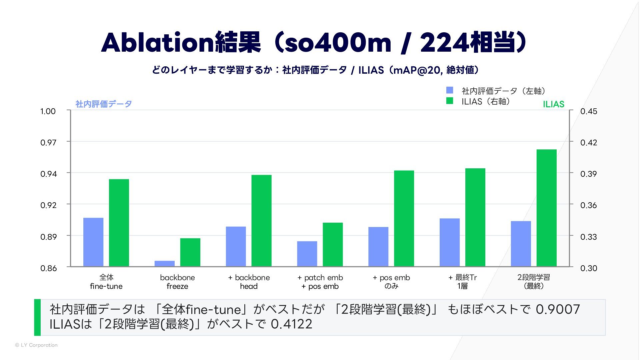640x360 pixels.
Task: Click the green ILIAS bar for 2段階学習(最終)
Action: [546, 208]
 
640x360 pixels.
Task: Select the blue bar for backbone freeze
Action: [164, 264]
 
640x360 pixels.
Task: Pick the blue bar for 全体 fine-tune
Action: [93, 242]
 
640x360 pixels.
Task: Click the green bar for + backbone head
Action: [261, 221]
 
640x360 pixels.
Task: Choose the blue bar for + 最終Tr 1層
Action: [449, 242]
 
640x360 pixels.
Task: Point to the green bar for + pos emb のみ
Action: [404, 218]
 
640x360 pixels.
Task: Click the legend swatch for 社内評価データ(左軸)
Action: [450, 90]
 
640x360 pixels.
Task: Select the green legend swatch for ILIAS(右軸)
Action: [450, 101]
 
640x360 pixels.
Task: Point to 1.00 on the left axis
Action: [48, 111]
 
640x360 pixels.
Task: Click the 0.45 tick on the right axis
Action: [589, 111]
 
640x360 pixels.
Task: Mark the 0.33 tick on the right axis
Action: [589, 237]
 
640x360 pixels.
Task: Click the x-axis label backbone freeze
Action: [177, 282]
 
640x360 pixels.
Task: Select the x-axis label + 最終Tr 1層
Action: [463, 282]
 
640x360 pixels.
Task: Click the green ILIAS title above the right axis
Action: [553, 104]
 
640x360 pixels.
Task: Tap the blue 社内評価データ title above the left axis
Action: [104, 104]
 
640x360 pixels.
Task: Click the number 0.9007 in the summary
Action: [558, 309]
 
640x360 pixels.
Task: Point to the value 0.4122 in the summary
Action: [291, 324]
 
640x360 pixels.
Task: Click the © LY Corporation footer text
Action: [36, 345]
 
